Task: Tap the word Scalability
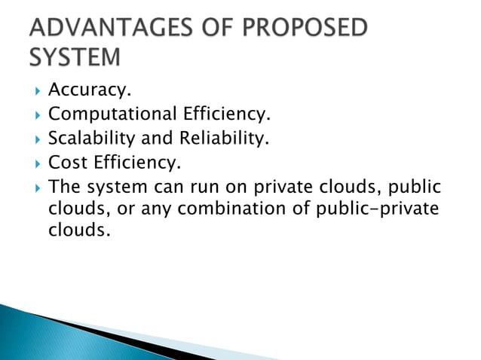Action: click(x=89, y=139)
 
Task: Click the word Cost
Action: click(x=66, y=162)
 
